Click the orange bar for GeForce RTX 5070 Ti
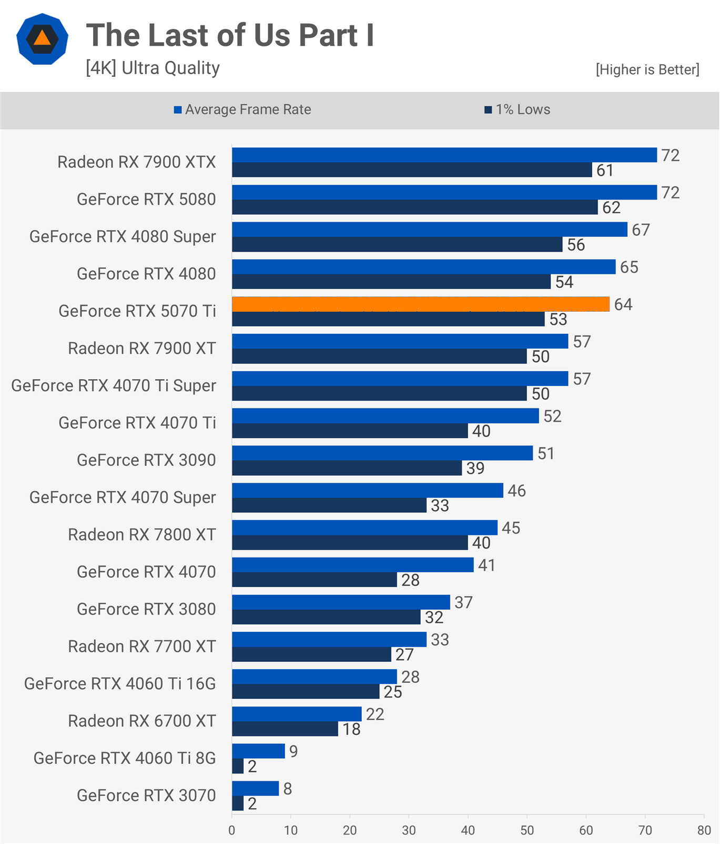(421, 304)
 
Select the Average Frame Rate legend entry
(242, 110)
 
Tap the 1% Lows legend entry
(518, 110)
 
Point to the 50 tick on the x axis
(527, 830)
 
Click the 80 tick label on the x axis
(704, 830)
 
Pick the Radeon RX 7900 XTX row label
(137, 162)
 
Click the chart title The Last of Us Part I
(230, 35)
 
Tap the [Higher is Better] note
(647, 69)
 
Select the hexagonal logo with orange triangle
(42, 39)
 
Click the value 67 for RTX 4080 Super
(641, 230)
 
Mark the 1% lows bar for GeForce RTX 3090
(347, 468)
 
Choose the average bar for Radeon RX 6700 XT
(297, 714)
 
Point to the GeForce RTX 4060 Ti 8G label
(125, 758)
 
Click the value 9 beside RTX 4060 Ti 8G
(293, 751)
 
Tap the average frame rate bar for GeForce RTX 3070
(255, 789)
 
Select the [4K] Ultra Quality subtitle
(153, 68)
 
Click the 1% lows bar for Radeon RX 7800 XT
(350, 543)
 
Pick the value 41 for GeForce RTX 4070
(486, 565)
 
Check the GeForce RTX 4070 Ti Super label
(114, 386)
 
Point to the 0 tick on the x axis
(232, 830)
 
